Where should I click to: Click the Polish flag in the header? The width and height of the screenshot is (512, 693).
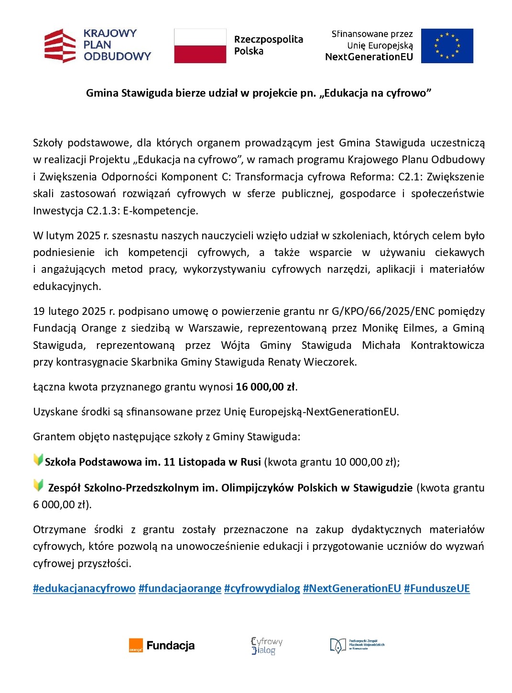pyautogui.click(x=200, y=46)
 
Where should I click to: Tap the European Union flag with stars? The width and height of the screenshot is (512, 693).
pyautogui.click(x=447, y=46)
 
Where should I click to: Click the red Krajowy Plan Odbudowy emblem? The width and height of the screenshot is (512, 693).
pyautogui.click(x=60, y=46)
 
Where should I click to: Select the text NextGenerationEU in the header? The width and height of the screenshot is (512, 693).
pyautogui.click(x=369, y=57)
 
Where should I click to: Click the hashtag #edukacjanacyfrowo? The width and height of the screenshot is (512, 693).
pyautogui.click(x=84, y=588)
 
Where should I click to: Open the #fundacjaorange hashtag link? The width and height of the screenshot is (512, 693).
pyautogui.click(x=180, y=588)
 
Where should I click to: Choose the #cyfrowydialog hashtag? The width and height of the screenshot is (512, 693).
pyautogui.click(x=262, y=588)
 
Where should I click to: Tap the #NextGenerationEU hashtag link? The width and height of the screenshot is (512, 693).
pyautogui.click(x=352, y=588)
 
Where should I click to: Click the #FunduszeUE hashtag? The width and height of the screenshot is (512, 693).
pyautogui.click(x=437, y=588)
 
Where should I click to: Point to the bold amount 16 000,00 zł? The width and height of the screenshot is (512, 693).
pyautogui.click(x=265, y=387)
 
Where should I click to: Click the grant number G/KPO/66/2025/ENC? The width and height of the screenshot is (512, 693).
pyautogui.click(x=383, y=312)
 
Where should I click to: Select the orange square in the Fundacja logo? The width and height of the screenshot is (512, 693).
pyautogui.click(x=136, y=646)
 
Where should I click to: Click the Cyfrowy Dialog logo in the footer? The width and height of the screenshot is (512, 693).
pyautogui.click(x=266, y=645)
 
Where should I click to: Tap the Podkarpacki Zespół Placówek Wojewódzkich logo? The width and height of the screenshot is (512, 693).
pyautogui.click(x=357, y=645)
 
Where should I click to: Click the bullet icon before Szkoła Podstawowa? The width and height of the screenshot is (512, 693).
pyautogui.click(x=38, y=460)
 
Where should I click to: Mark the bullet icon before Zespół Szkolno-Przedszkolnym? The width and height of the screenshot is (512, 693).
pyautogui.click(x=38, y=485)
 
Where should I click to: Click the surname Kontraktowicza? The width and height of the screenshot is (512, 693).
pyautogui.click(x=447, y=346)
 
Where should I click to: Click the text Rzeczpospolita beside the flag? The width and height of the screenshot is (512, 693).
pyautogui.click(x=268, y=40)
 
